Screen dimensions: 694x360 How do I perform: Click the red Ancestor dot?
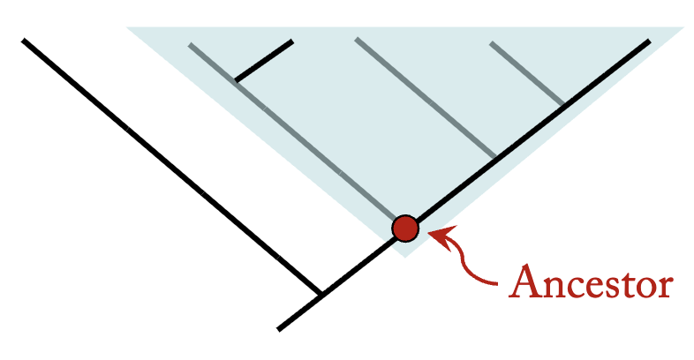coord(405,229)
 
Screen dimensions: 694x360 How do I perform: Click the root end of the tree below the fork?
coord(279,329)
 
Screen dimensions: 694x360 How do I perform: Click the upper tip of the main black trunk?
coord(649,41)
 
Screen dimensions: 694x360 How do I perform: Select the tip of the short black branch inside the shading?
coord(291,41)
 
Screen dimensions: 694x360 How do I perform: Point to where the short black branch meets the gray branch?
coord(236,81)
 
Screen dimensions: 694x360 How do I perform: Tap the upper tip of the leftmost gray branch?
coord(190,41)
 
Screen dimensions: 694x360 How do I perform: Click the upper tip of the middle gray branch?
coord(356,40)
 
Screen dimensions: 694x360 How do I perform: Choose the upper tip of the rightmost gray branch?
coord(491,42)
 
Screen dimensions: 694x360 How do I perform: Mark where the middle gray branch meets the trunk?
coord(496,158)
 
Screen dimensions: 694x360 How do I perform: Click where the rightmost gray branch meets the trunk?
coord(565,105)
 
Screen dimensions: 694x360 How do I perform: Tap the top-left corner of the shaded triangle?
coord(127,27)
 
